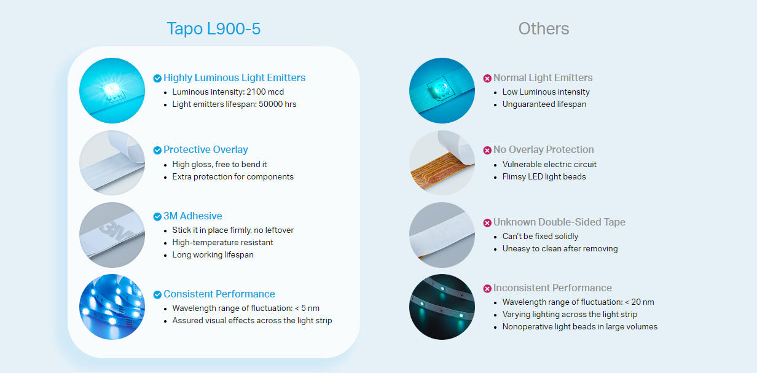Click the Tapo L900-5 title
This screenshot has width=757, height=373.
(214, 28)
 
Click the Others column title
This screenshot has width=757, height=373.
(544, 28)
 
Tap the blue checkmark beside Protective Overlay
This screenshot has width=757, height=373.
(157, 150)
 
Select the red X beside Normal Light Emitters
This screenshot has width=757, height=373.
(487, 79)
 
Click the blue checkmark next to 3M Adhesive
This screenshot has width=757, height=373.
(157, 216)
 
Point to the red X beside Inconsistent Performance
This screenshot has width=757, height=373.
(487, 289)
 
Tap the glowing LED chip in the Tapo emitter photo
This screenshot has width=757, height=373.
(112, 90)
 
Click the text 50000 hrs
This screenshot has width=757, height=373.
(278, 104)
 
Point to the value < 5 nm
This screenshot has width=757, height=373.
(307, 308)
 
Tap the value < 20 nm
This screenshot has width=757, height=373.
(640, 302)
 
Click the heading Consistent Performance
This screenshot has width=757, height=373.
(219, 294)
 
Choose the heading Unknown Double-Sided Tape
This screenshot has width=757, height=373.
(559, 222)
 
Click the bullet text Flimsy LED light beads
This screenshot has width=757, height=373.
(544, 177)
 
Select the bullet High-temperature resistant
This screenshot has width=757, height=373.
(222, 243)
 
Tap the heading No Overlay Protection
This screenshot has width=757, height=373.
(543, 149)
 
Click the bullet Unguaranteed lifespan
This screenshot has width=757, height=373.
(544, 104)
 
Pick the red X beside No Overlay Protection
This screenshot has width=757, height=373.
(487, 151)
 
